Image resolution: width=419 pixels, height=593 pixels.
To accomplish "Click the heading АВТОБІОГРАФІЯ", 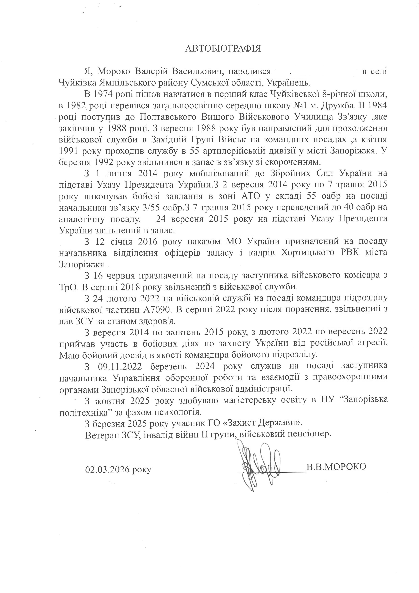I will point(223,48).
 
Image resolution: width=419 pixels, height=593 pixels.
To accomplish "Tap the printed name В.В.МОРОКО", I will point(336,466).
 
